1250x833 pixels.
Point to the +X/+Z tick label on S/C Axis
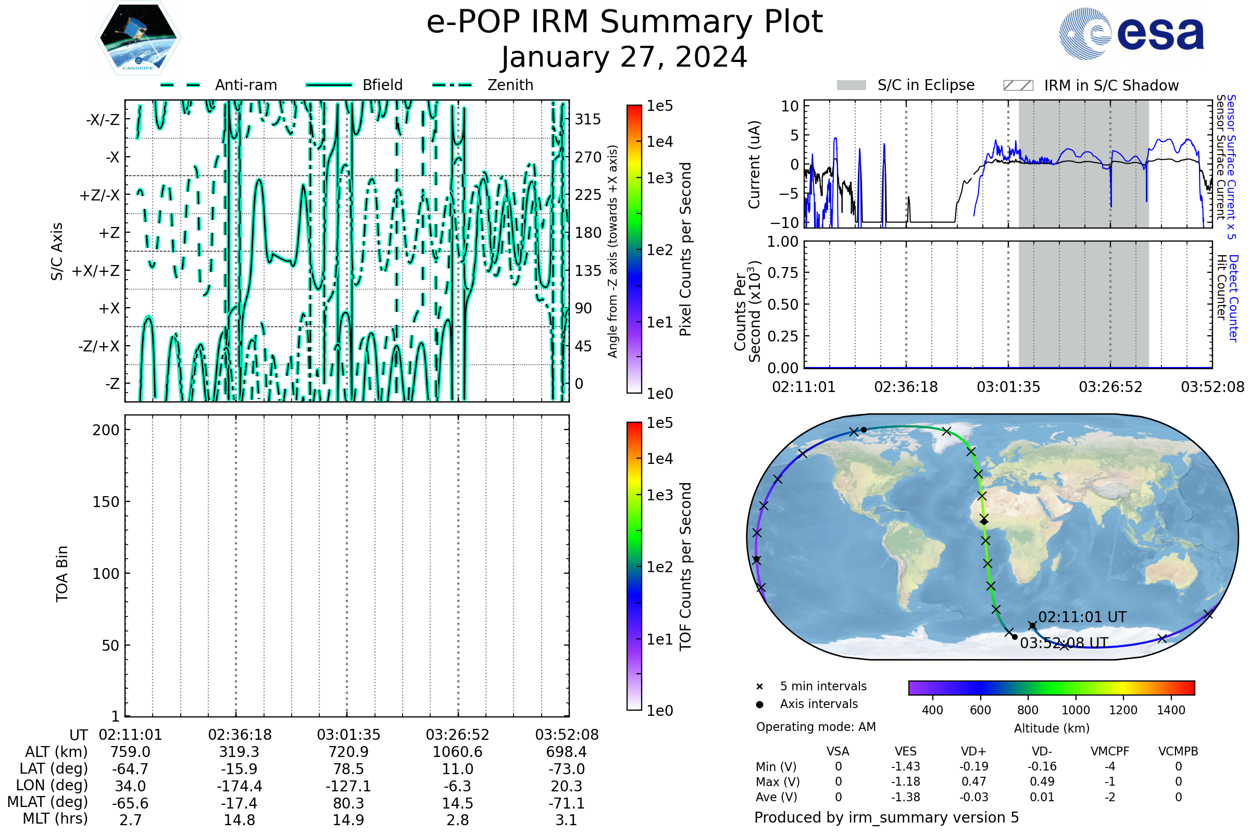(x=96, y=271)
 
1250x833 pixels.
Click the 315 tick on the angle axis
(x=588, y=119)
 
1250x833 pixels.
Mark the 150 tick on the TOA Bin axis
(x=106, y=502)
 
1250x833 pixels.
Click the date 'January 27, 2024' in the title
(x=624, y=57)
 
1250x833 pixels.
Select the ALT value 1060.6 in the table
(x=458, y=752)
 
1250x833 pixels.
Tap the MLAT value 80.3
(x=348, y=803)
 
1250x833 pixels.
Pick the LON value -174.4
(x=240, y=786)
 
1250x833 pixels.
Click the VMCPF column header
(x=1110, y=752)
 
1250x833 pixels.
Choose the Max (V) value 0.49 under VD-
(x=1042, y=781)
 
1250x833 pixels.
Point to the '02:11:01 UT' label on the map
(x=1082, y=617)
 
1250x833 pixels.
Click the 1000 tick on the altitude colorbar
(x=1076, y=710)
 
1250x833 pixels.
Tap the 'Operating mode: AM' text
(x=816, y=727)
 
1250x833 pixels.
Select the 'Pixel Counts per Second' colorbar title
(x=685, y=249)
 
